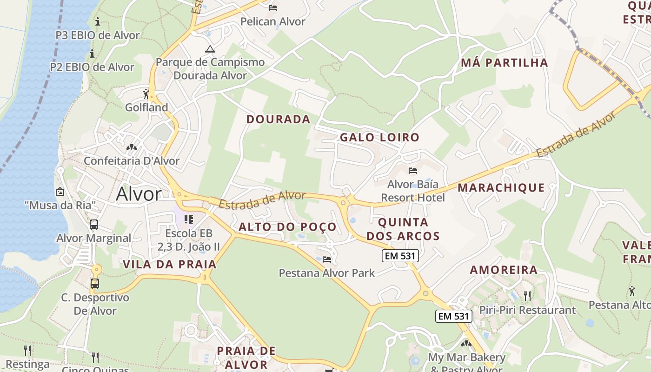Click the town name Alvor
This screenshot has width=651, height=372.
pyautogui.click(x=139, y=194)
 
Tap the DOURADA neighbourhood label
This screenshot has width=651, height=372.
pyautogui.click(x=279, y=120)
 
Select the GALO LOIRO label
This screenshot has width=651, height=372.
pyautogui.click(x=379, y=138)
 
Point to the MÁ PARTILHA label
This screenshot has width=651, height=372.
pyautogui.click(x=505, y=63)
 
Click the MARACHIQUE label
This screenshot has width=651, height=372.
pyautogui.click(x=501, y=188)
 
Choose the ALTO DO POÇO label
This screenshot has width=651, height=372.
pyautogui.click(x=287, y=227)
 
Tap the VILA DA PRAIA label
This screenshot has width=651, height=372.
pyautogui.click(x=170, y=265)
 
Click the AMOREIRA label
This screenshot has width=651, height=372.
pyautogui.click(x=504, y=270)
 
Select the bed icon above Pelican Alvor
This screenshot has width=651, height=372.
pyautogui.click(x=273, y=8)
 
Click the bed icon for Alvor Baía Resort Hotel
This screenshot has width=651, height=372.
pyautogui.click(x=412, y=171)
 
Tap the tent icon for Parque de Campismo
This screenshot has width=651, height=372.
pyautogui.click(x=210, y=49)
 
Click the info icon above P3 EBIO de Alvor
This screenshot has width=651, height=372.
pyautogui.click(x=98, y=21)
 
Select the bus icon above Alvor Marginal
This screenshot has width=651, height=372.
pyautogui.click(x=94, y=225)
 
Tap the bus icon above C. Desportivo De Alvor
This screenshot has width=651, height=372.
pyautogui.click(x=94, y=283)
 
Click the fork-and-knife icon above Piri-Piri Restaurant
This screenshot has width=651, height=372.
pyautogui.click(x=527, y=296)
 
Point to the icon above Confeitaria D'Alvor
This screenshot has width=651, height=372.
pyautogui.click(x=132, y=147)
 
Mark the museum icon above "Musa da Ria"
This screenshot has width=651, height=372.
pyautogui.click(x=60, y=191)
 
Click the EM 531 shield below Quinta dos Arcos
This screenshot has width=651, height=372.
pyautogui.click(x=400, y=255)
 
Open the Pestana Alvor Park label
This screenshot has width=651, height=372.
pyautogui.click(x=326, y=273)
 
